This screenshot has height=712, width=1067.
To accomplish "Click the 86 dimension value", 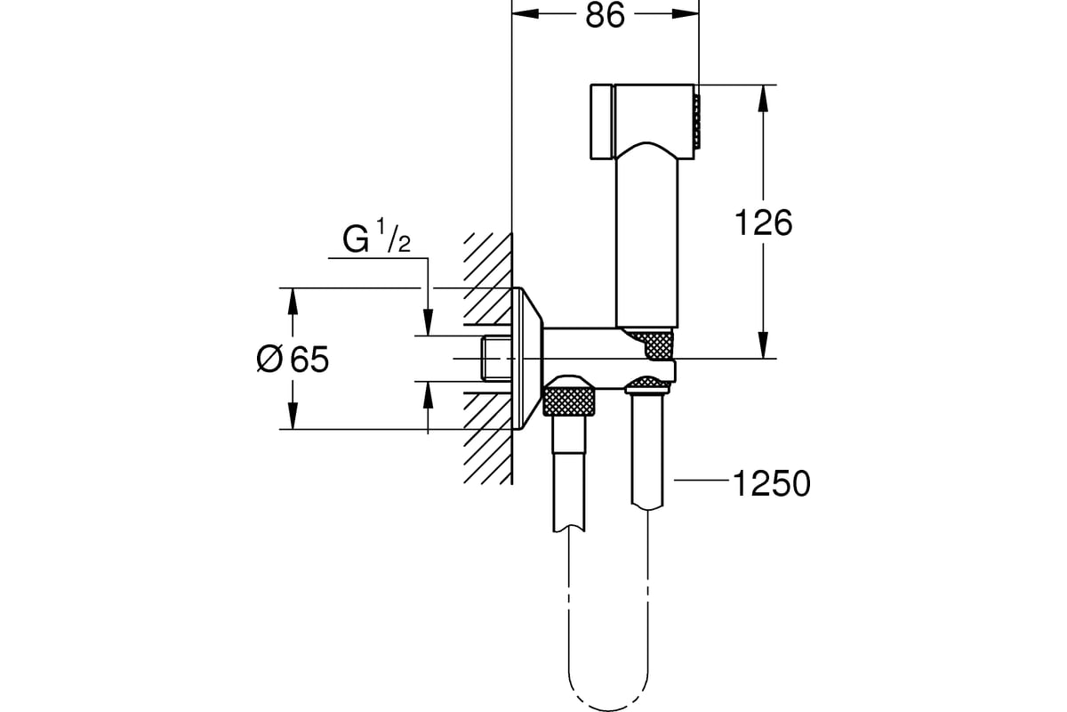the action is coord(605,15).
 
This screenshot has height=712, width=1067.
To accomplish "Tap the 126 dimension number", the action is coord(764,222).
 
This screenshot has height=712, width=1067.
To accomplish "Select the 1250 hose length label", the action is coord(771,483).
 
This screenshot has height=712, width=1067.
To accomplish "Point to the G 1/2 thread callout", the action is coord(376,236).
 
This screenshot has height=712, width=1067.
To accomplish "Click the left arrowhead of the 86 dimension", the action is coord(525,14).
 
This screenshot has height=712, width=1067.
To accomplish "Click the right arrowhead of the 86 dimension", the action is coord(686,14).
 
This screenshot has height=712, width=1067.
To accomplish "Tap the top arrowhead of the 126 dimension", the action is coord(763,98).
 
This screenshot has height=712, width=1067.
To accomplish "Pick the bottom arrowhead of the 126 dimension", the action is coord(763,345).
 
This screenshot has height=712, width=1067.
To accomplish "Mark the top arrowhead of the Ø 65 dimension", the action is coord(293,302).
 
